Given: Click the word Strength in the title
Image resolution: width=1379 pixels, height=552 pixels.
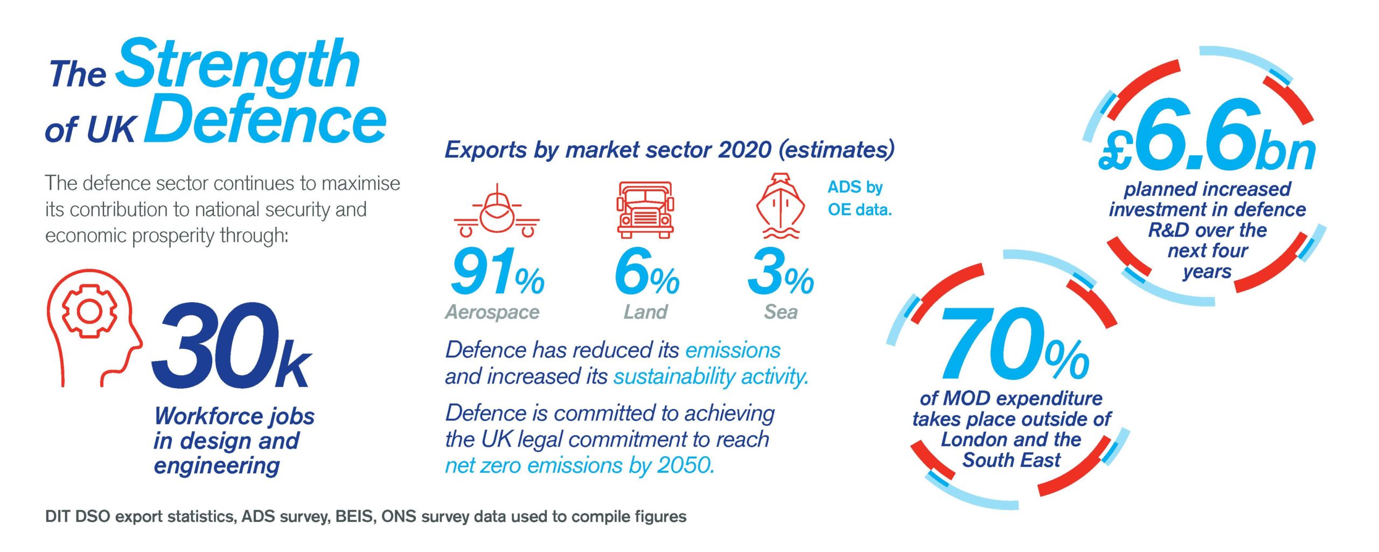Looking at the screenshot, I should pos(237,65).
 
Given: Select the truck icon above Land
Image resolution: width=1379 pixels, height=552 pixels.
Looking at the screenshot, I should pos(645,210).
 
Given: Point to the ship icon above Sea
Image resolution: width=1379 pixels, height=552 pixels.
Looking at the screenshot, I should pos(781,206).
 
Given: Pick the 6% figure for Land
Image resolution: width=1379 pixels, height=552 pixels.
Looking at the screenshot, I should pos(646,273).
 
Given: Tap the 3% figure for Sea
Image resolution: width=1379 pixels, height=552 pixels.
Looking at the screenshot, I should pos(781,273).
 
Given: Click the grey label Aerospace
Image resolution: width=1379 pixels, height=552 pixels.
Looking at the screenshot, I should pos(492,312).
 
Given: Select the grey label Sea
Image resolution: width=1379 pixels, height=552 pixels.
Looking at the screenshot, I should pos(781,312).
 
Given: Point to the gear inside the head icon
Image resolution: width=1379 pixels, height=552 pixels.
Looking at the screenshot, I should pos(89,310).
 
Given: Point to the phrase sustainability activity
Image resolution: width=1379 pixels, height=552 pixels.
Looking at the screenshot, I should pos(711,377).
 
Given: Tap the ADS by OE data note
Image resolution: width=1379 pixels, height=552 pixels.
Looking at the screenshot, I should pos(859,198).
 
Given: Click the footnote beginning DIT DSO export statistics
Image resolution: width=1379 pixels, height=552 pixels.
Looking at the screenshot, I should pos(365,517).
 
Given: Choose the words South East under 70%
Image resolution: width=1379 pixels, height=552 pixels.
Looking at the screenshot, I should pos(1011,460).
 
